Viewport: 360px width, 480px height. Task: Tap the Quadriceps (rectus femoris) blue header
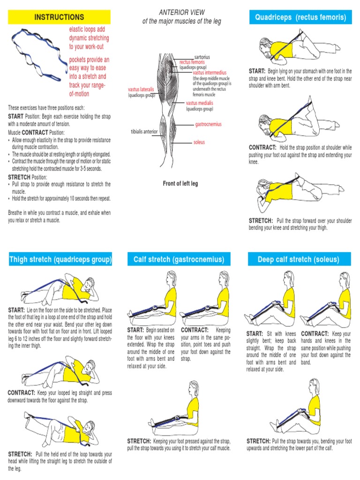(x=300, y=18)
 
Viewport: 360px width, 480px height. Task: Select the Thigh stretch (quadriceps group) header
(x=60, y=259)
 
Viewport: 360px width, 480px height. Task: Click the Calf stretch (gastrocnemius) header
(x=179, y=259)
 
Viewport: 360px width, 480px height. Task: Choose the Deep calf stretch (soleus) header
(x=298, y=259)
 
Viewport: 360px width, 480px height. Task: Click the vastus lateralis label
(x=141, y=89)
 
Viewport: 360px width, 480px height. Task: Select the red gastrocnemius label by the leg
(x=208, y=125)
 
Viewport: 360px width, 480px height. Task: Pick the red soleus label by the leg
(x=199, y=142)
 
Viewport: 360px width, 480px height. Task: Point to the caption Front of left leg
(x=180, y=184)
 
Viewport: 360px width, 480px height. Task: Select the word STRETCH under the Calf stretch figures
(x=139, y=441)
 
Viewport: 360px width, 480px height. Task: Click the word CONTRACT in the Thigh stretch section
(x=22, y=392)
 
